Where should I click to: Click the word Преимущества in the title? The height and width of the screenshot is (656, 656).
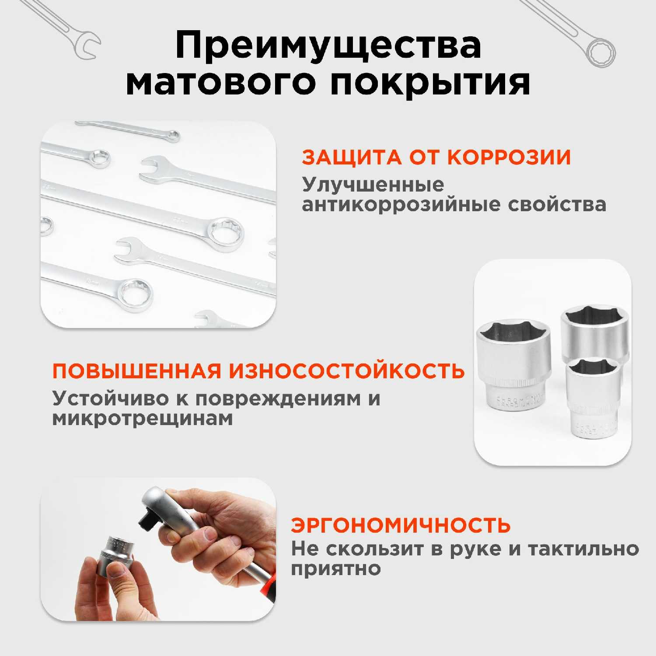click(x=328, y=46)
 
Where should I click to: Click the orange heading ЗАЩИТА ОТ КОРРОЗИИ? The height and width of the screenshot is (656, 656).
click(x=436, y=157)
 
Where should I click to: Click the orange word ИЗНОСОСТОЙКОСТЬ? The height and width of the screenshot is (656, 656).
click(x=347, y=371)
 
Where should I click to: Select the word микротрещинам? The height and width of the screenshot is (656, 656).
click(x=143, y=419)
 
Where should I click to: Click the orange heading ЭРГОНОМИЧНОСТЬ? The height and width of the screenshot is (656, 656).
click(x=401, y=525)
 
